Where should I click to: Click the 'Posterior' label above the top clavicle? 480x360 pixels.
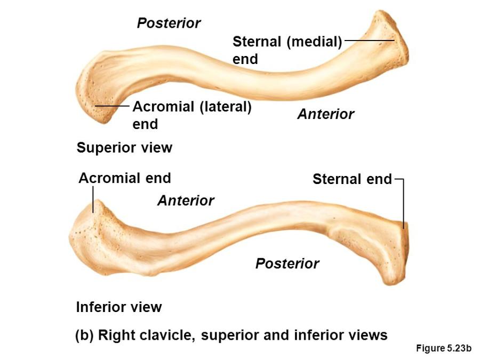(x=169, y=23)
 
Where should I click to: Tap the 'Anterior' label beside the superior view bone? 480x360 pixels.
(x=325, y=114)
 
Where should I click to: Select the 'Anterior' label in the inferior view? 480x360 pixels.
(x=186, y=201)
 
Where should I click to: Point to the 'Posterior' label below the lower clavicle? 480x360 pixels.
(x=287, y=263)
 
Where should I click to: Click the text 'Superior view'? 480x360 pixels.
(x=124, y=148)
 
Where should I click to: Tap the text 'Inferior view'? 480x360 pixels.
(x=119, y=307)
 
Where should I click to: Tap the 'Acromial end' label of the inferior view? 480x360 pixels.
(x=125, y=178)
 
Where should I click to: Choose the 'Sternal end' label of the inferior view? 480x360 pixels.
(x=352, y=179)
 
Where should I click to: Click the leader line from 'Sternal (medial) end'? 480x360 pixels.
(x=369, y=40)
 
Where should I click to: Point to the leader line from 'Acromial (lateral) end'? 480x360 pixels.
(x=112, y=107)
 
